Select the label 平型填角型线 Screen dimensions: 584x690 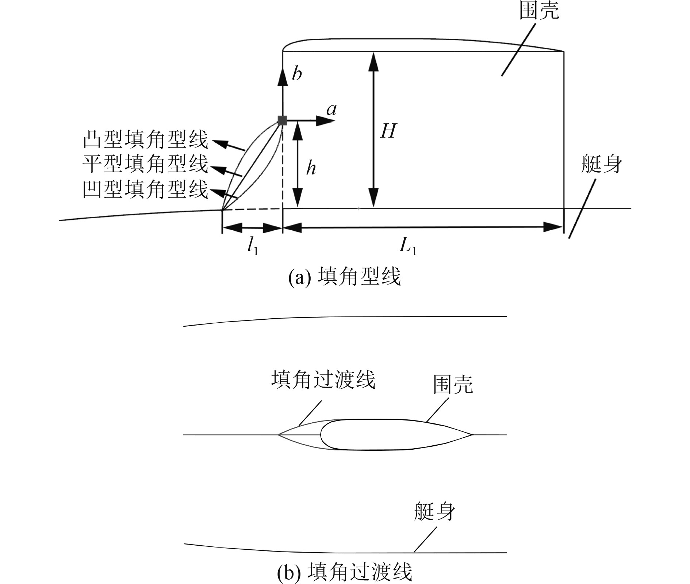[x=145, y=164]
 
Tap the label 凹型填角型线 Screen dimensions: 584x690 [x=145, y=189]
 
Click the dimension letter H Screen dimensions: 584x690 [x=388, y=131]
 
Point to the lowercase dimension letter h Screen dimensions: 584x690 [x=311, y=168]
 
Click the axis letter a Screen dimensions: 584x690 [x=331, y=109]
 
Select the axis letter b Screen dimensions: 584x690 [x=297, y=74]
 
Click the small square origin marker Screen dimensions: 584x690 [x=282, y=120]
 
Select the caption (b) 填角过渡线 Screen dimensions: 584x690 [x=345, y=572]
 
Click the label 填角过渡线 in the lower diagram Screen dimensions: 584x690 [x=323, y=380]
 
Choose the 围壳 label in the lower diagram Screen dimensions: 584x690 [x=453, y=385]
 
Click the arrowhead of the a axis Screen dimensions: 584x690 [x=326, y=120]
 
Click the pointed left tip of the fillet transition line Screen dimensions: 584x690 [x=278, y=435]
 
